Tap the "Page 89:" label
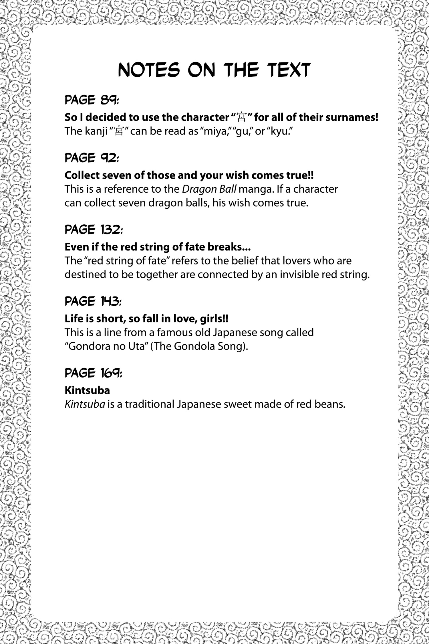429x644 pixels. click(x=92, y=100)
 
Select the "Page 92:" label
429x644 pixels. click(x=92, y=158)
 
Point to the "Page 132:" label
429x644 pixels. click(x=94, y=230)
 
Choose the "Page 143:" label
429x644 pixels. click(x=93, y=301)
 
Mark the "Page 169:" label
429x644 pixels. click(x=93, y=373)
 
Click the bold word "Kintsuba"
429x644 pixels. click(x=87, y=390)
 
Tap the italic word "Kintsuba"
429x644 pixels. click(x=85, y=404)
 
